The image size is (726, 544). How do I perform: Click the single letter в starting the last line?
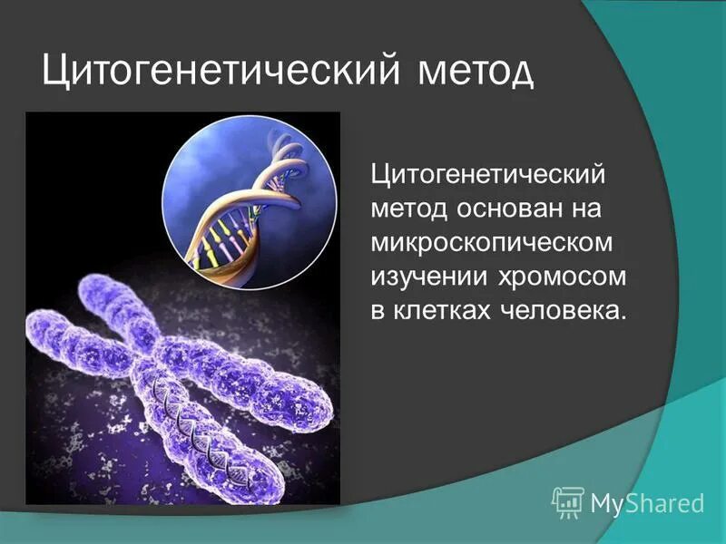378,310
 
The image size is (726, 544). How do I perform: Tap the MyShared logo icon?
567,501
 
